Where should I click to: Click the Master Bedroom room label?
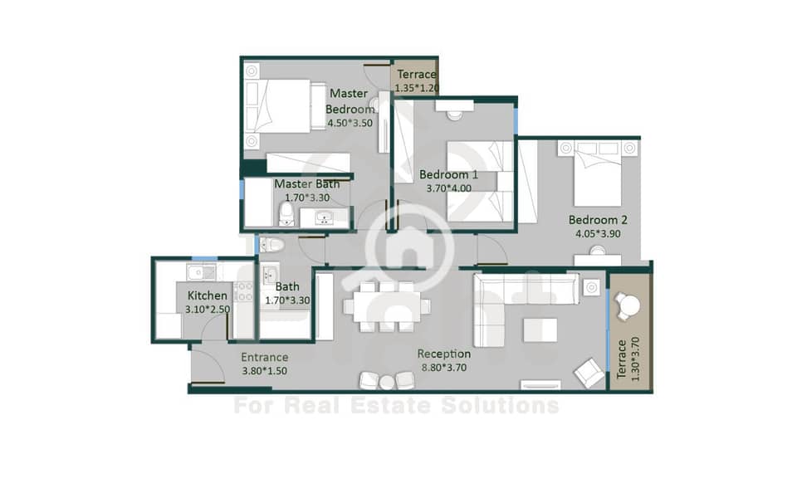pyautogui.click(x=350, y=101)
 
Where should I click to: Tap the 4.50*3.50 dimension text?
pyautogui.click(x=350, y=123)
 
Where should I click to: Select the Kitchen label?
pyautogui.click(x=207, y=295)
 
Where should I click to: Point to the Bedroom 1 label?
pyautogui.click(x=448, y=175)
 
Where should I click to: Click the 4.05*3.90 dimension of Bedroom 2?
pyautogui.click(x=598, y=234)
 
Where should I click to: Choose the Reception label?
pyautogui.click(x=443, y=354)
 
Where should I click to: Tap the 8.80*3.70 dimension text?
pyautogui.click(x=443, y=368)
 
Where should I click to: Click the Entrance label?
pyautogui.click(x=264, y=357)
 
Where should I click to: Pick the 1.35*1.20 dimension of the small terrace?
pyautogui.click(x=416, y=87)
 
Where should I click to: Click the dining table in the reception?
pyautogui.click(x=387, y=307)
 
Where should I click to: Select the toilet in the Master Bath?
pyautogui.click(x=286, y=214)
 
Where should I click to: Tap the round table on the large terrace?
pyautogui.click(x=629, y=306)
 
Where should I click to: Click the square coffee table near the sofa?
pyautogui.click(x=540, y=330)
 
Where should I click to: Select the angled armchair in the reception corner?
pyautogui.click(x=589, y=373)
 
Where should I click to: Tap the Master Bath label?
pyautogui.click(x=306, y=184)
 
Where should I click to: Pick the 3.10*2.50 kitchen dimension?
pyautogui.click(x=207, y=309)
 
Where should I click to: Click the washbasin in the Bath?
pyautogui.click(x=269, y=275)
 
